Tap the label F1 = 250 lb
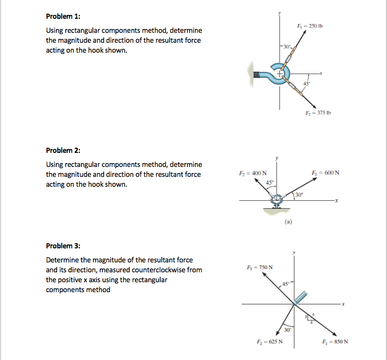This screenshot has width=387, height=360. (x=314, y=26)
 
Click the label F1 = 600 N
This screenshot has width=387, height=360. (x=326, y=173)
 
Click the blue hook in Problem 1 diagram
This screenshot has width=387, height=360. (x=274, y=74)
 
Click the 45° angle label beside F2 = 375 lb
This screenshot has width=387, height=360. (x=308, y=83)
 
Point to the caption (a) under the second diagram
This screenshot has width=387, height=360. (x=288, y=221)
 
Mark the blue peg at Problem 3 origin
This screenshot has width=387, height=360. (x=300, y=298)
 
